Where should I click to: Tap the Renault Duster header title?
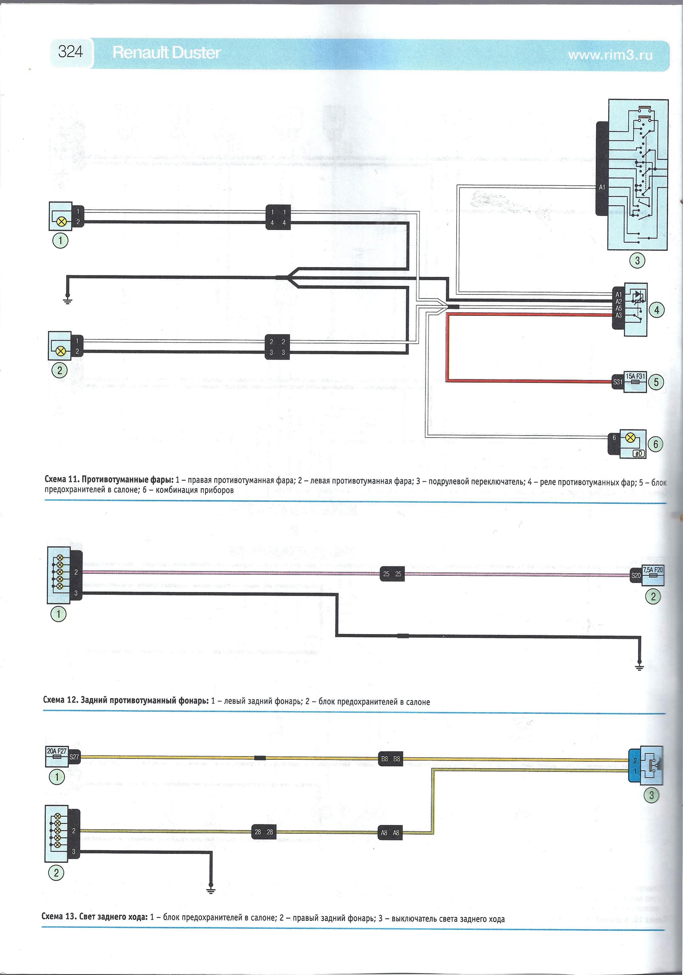coord(166,53)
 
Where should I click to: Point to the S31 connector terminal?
coord(618,382)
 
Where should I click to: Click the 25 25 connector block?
coord(392,574)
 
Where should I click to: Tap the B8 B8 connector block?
coord(391,759)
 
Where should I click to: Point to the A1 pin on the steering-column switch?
coord(602,187)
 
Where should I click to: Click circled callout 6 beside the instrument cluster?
coord(656,444)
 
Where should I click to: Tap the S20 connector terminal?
coord(636,576)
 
